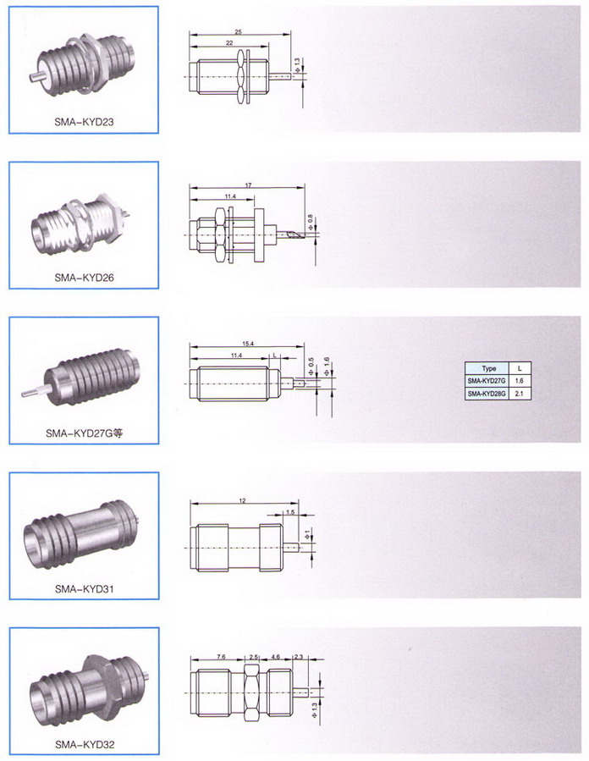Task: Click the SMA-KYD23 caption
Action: pos(84,122)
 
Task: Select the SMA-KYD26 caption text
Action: pos(84,278)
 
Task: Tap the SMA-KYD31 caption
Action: pos(84,588)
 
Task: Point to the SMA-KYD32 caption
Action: pos(84,744)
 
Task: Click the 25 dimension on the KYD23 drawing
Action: pos(238,32)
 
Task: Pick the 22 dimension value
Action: pos(229,43)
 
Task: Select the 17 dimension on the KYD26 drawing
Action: pos(248,185)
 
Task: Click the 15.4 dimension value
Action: pos(248,344)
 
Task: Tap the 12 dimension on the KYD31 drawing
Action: pos(242,500)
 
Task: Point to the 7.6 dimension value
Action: pos(221,657)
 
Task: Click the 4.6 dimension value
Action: pos(275,657)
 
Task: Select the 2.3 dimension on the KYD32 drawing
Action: pos(298,657)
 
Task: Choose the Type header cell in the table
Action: pos(487,368)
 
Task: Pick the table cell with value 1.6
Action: pos(520,381)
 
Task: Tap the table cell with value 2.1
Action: pos(520,393)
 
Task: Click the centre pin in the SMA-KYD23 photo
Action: pos(36,77)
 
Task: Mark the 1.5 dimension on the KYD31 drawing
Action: pos(290,511)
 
